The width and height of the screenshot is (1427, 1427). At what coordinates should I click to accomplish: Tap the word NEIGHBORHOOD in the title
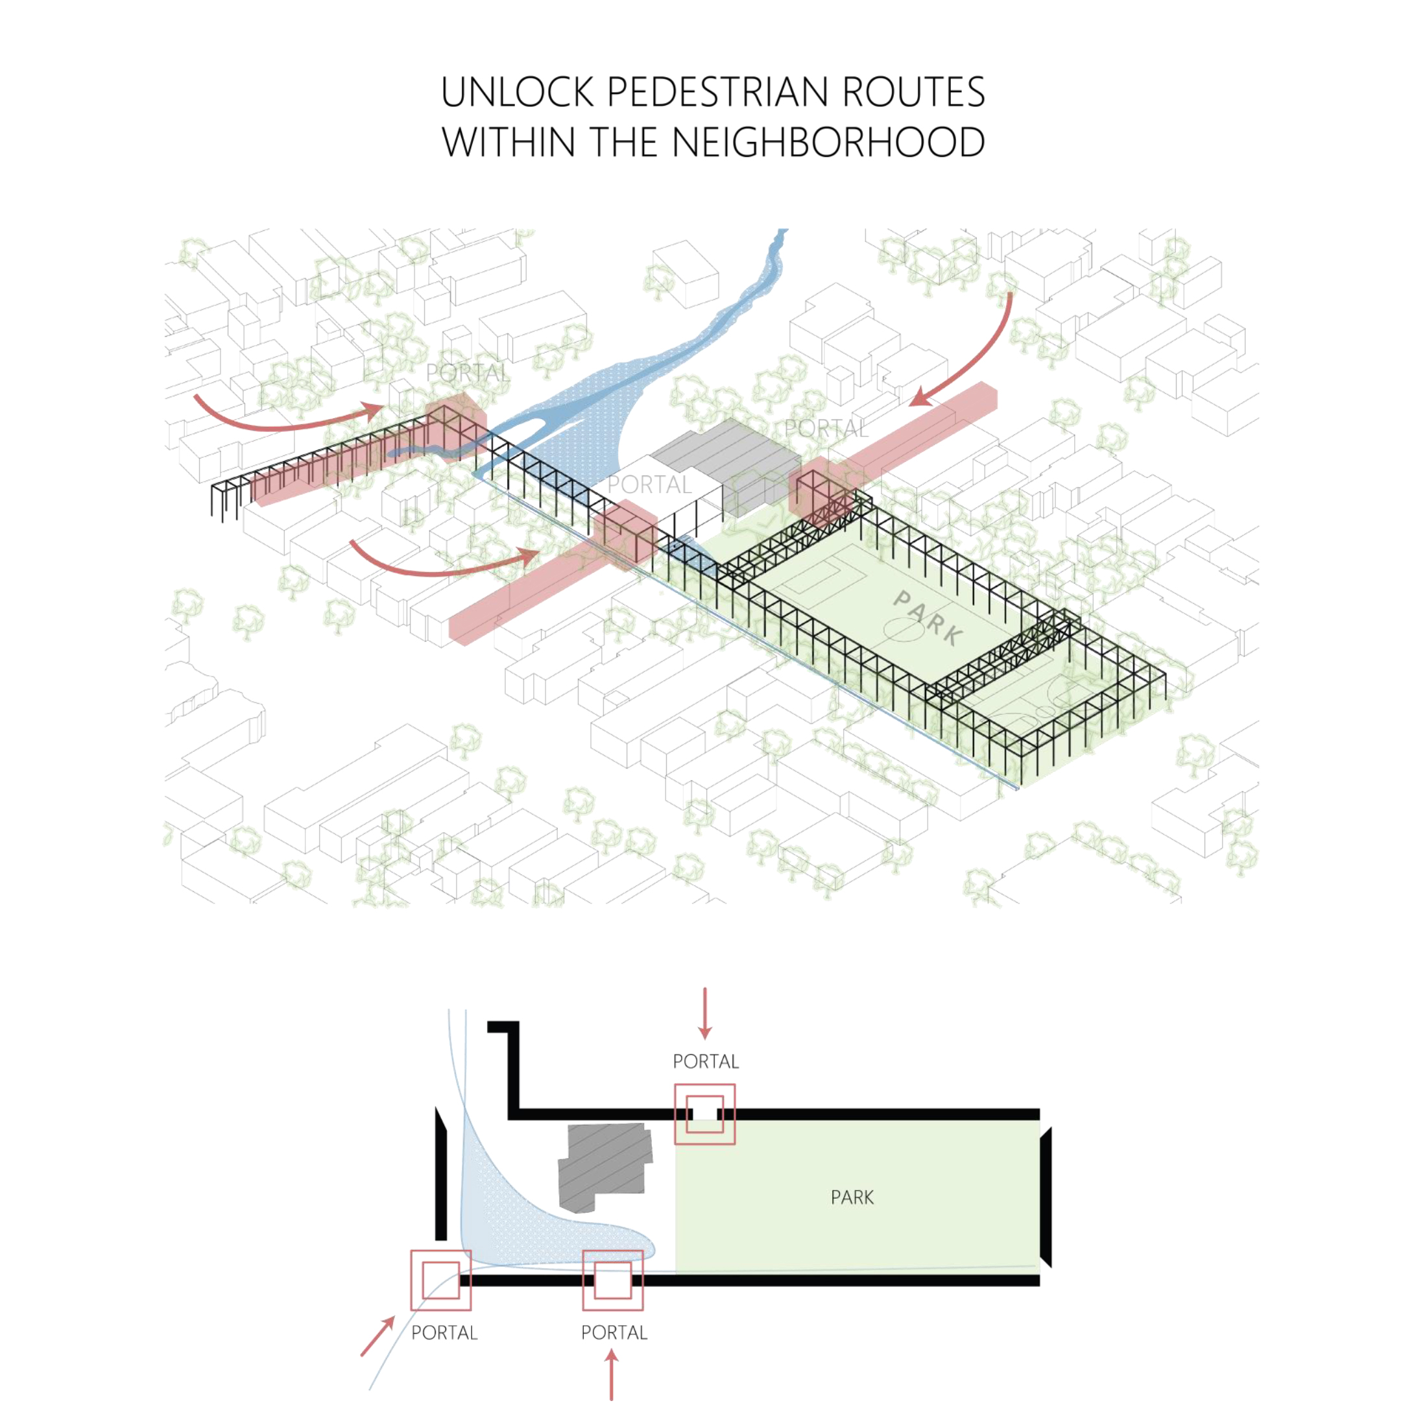829,143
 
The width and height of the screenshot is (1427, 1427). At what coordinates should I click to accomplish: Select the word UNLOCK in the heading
517,92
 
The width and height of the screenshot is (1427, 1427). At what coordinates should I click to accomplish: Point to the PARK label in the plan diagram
852,1197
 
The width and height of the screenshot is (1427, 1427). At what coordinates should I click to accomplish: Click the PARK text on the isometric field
928,618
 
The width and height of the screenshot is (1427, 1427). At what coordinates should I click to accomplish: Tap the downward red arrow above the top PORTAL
705,1013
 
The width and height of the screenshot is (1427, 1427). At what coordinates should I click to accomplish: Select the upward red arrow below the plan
612,1374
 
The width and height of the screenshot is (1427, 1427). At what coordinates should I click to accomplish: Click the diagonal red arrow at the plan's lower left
378,1336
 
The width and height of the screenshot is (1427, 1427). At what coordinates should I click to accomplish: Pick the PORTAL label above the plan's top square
705,1061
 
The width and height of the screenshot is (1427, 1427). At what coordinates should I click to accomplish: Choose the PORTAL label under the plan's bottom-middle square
614,1332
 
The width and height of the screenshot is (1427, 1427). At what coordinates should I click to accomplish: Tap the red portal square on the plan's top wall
704,1114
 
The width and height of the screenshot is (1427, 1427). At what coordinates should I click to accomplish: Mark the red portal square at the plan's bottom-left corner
441,1280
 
